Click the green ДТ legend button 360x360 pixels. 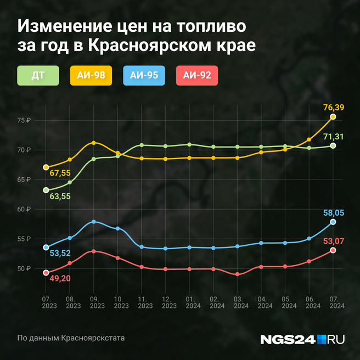pyautogui.click(x=38, y=76)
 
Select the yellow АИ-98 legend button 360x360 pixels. pyautogui.click(x=91, y=76)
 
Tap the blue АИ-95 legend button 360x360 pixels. pyautogui.click(x=144, y=76)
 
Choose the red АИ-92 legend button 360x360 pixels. pyautogui.click(x=197, y=76)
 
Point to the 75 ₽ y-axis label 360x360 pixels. pyautogui.click(x=24, y=120)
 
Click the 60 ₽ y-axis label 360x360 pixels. pyautogui.click(x=24, y=209)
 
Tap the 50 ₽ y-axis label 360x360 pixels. pyautogui.click(x=24, y=268)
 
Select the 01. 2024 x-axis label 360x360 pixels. pyautogui.click(x=189, y=302)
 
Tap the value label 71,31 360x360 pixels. pyautogui.click(x=333, y=136)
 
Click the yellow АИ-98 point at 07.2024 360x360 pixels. pyautogui.click(x=333, y=117)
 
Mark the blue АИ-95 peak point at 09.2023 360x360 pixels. pyautogui.click(x=94, y=222)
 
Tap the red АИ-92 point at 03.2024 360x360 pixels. pyautogui.click(x=237, y=274)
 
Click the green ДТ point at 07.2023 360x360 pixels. pyautogui.click(x=46, y=190)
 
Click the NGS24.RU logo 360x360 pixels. pyautogui.click(x=302, y=339)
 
